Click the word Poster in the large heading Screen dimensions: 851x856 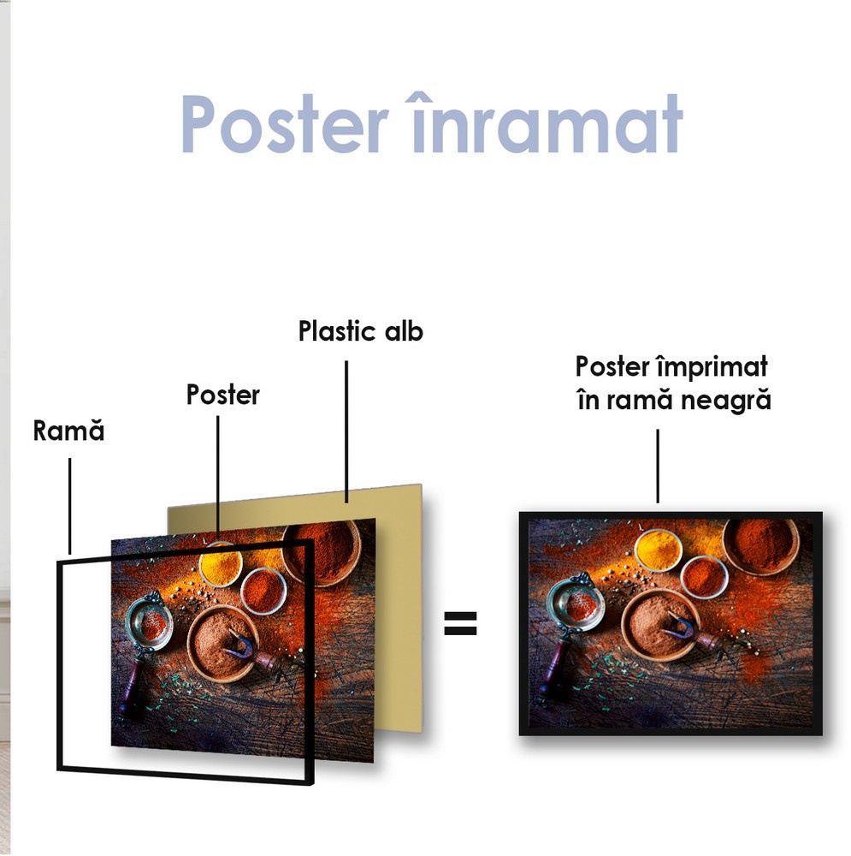(284, 124)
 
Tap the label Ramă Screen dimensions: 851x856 (68, 431)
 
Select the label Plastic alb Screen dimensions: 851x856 (361, 330)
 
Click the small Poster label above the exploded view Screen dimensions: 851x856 (222, 395)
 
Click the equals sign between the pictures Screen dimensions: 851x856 (460, 623)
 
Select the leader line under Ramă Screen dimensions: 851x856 (70, 506)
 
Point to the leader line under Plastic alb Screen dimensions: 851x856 (346, 431)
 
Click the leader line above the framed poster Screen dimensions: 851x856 (658, 466)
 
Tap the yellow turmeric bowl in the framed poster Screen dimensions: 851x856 (659, 550)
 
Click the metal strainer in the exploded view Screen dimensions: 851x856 (149, 622)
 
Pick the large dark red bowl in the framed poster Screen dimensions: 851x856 (761, 544)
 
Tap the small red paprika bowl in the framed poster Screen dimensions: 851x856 (704, 577)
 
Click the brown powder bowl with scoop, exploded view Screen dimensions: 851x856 (224, 643)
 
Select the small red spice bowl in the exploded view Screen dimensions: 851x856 (263, 591)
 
